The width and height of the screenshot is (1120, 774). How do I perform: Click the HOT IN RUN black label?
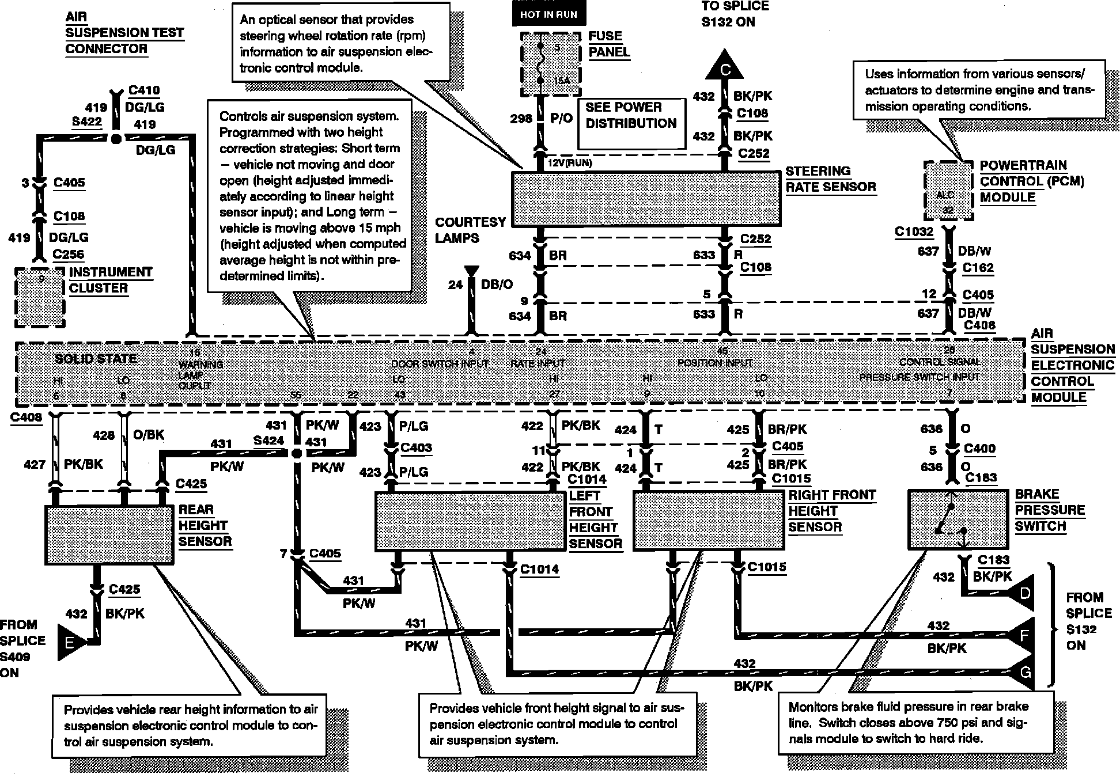tap(548, 14)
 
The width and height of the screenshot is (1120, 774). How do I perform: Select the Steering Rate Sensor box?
tap(646, 198)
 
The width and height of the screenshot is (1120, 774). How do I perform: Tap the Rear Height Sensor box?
tap(109, 534)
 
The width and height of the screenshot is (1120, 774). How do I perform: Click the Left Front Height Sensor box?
tap(470, 521)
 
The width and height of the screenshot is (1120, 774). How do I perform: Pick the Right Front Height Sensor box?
tap(708, 520)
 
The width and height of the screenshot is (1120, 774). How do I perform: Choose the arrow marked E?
tap(71, 642)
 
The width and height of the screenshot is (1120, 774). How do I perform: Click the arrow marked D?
tap(1024, 593)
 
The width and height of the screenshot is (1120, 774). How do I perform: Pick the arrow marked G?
tap(1024, 671)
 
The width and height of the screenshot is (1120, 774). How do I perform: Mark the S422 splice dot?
tap(116, 138)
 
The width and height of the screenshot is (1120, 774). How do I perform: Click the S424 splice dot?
tap(296, 454)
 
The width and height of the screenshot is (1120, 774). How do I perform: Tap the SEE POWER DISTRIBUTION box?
tap(631, 123)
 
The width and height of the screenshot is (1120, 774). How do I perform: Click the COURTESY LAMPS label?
tap(470, 230)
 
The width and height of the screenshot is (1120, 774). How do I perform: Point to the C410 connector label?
tap(144, 90)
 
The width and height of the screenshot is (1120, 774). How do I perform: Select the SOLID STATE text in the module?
tap(96, 359)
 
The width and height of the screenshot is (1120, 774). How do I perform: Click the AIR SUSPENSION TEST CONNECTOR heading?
tap(124, 33)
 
